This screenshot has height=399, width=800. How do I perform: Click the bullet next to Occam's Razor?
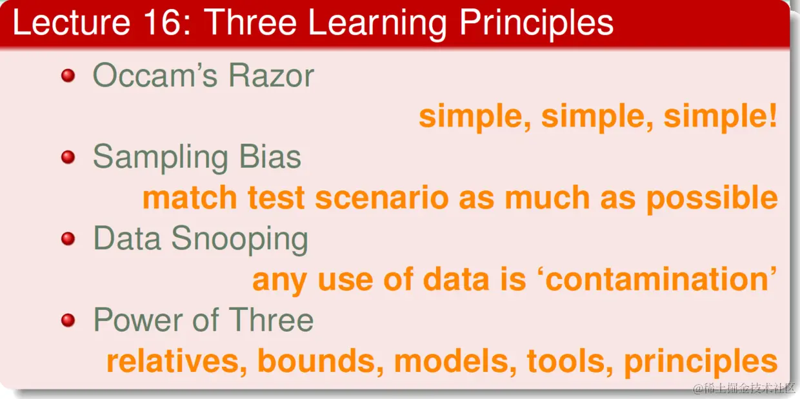(68, 76)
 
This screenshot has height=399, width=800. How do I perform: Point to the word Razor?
(271, 76)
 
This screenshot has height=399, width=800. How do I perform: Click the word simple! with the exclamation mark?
(720, 117)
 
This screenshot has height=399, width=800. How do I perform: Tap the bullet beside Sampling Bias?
(68, 157)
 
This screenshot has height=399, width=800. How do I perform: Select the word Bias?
(270, 157)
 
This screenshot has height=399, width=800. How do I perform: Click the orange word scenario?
(382, 198)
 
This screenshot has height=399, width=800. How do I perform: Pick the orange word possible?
(712, 199)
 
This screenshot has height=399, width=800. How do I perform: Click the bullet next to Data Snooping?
(68, 238)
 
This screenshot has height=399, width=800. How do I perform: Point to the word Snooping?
(239, 240)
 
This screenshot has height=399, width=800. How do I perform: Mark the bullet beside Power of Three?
(68, 320)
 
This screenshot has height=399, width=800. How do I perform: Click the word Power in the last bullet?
(138, 320)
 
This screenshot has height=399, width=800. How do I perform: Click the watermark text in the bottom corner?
(744, 388)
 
